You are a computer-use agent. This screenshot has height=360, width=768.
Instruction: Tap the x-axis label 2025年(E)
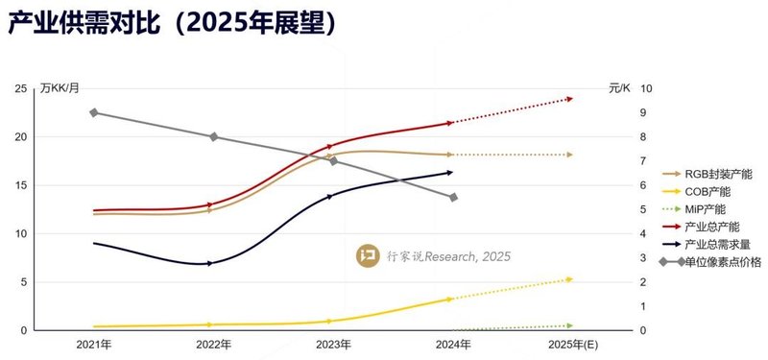click(x=572, y=343)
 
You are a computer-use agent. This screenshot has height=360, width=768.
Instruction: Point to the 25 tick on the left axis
click(x=20, y=88)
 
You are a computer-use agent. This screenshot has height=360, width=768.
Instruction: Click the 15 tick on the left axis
click(x=20, y=185)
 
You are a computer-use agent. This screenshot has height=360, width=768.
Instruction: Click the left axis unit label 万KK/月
click(x=60, y=87)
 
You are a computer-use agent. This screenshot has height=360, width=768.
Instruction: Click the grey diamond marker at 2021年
click(x=94, y=112)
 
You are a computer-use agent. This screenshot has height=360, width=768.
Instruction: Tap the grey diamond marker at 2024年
click(x=453, y=197)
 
